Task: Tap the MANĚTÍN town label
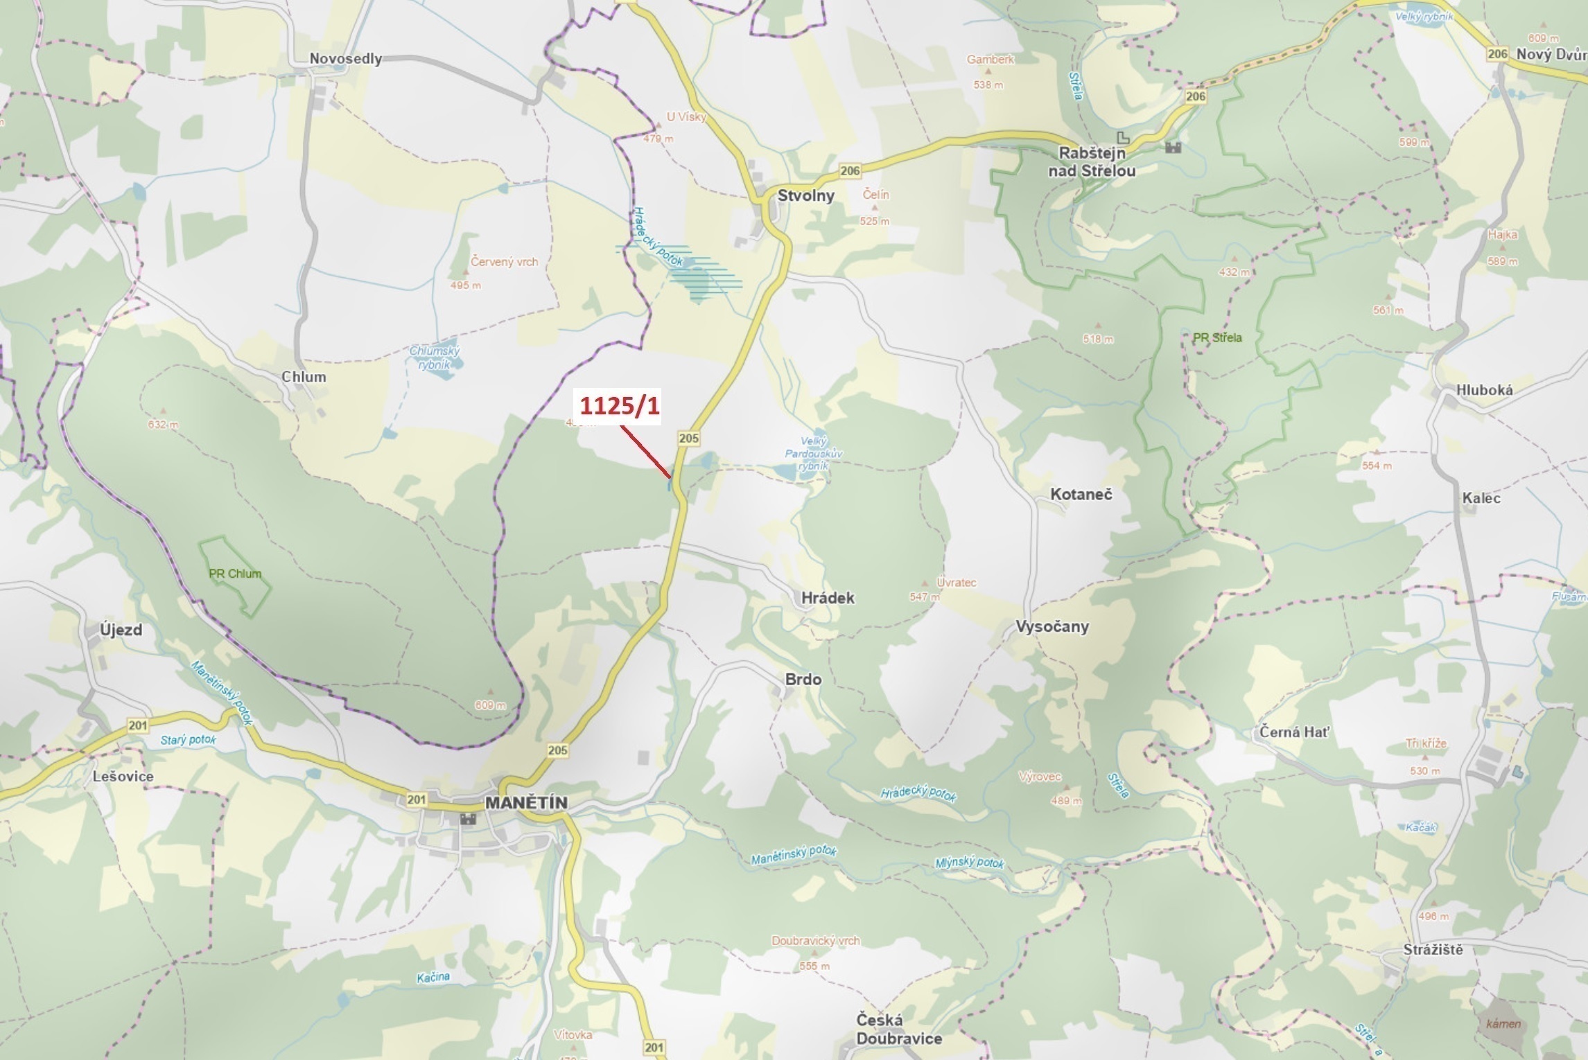tap(526, 802)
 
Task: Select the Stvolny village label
tap(805, 195)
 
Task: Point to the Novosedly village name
tap(345, 59)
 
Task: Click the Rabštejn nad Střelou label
tap(1092, 162)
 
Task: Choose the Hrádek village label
tap(828, 598)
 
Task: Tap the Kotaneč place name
tap(1081, 494)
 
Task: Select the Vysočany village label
tap(1052, 626)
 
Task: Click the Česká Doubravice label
tap(898, 1029)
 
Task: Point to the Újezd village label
tap(121, 630)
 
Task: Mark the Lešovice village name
tap(123, 776)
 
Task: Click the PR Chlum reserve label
tap(235, 574)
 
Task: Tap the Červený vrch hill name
tap(504, 262)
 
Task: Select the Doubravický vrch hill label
tap(815, 941)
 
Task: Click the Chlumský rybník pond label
tap(435, 357)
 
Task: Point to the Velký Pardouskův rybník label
tap(813, 454)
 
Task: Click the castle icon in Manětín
tap(469, 819)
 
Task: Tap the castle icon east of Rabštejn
tap(1173, 147)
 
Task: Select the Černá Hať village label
tap(1294, 732)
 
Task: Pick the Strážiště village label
tap(1433, 950)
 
